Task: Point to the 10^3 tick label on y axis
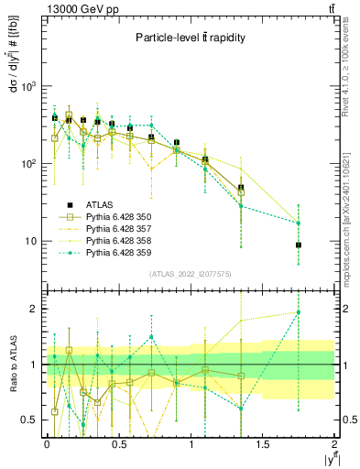(27, 87)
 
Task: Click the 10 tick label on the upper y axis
(31, 242)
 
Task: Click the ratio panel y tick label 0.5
(31, 420)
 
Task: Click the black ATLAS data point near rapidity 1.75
(299, 245)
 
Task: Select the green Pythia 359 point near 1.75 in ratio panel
(299, 312)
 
